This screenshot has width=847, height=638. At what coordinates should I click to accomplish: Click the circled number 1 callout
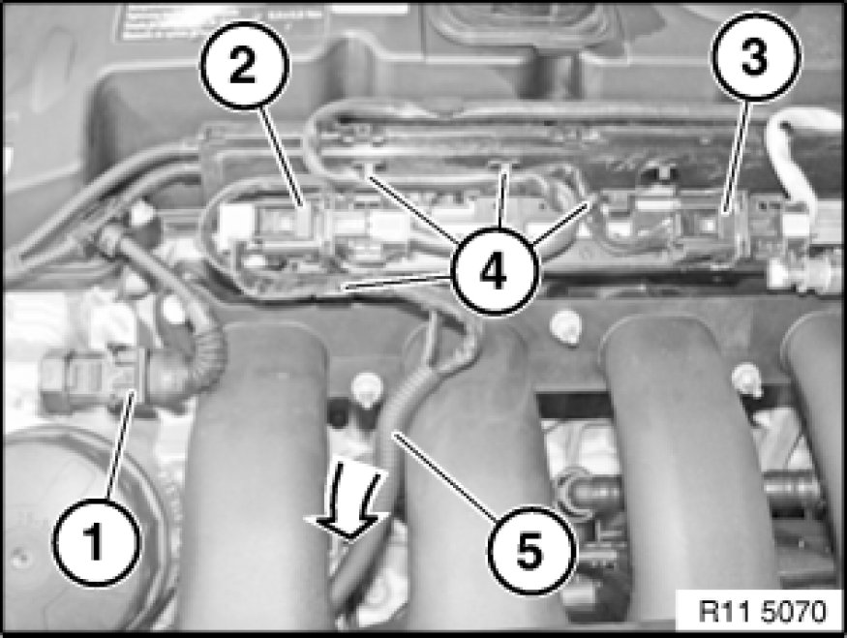pos(96,542)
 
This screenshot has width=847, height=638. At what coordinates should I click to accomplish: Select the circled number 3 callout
pos(756,56)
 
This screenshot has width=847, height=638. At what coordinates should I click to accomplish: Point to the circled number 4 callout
pos(496,271)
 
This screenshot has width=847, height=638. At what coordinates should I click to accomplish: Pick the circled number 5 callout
pos(530,551)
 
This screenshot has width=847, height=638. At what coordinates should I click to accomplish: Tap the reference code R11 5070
pos(763,612)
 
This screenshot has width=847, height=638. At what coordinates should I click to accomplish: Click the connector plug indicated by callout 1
pos(92,379)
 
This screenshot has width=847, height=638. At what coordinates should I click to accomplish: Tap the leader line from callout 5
pos(444,474)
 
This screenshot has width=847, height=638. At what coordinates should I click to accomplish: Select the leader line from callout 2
pos(282,157)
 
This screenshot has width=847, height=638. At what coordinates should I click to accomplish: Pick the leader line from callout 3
pos(737,157)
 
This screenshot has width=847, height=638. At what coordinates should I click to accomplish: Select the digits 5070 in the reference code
pos(794,612)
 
